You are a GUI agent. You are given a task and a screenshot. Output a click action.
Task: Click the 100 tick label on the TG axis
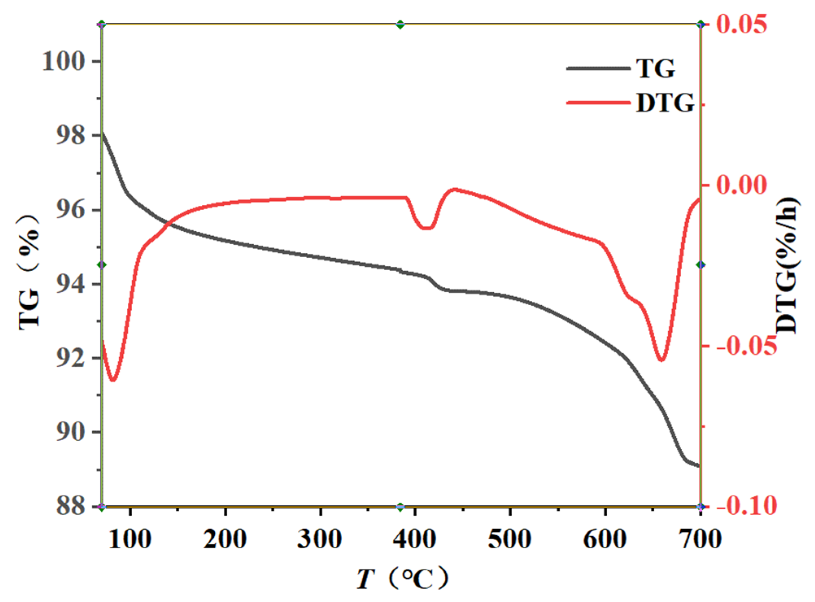pos(63,62)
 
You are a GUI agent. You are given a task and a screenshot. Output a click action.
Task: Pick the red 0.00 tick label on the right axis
pos(741,185)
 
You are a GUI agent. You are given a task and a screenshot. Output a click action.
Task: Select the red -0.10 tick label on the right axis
pos(746,506)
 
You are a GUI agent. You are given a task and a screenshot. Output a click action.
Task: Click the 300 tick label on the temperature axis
pos(320,539)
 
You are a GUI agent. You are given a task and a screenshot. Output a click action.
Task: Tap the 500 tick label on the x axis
pos(510,539)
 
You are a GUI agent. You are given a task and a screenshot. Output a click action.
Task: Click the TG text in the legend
pos(656,68)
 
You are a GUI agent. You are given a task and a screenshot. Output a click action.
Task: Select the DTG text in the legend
pos(665,103)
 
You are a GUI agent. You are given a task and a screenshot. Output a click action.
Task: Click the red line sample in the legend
pos(598,102)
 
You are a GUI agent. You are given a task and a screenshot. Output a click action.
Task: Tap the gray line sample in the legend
pos(598,68)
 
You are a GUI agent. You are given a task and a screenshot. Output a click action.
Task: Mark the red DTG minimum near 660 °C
pos(661,360)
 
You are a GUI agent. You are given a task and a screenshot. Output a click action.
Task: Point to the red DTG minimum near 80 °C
pos(113,380)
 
